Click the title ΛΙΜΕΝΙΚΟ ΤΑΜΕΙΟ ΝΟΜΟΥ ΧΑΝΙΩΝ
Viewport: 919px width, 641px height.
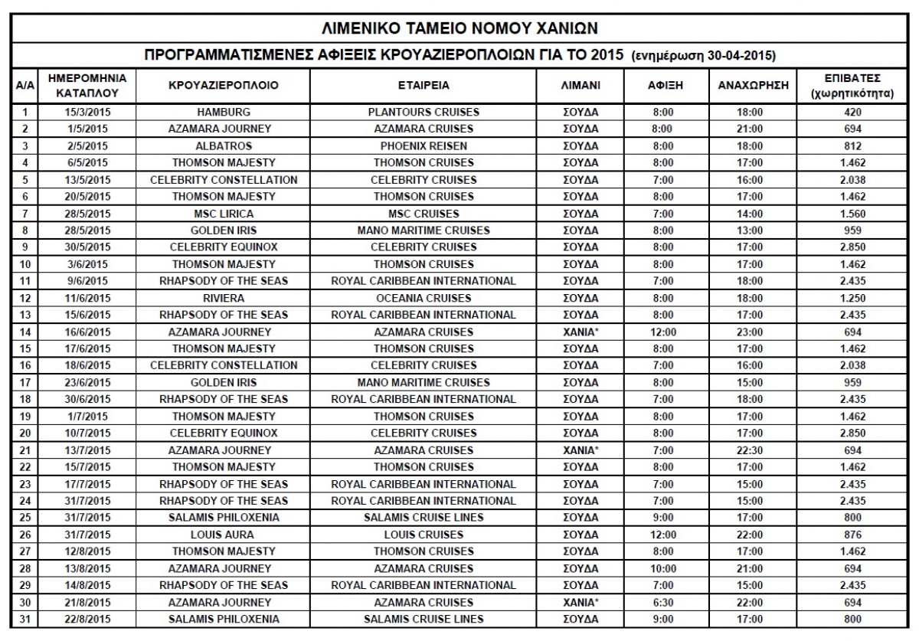(x=459, y=29)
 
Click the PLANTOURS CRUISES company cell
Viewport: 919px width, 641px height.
(x=424, y=112)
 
